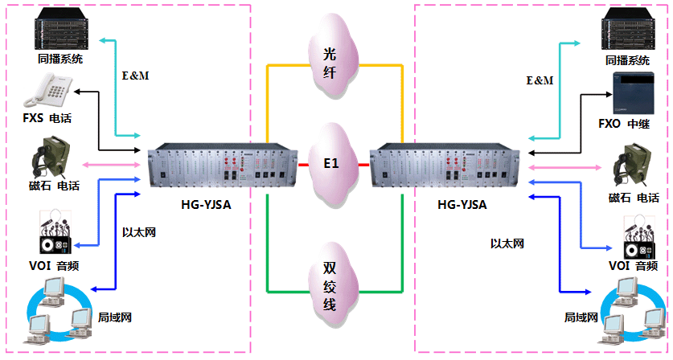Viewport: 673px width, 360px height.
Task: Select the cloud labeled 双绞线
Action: [330, 285]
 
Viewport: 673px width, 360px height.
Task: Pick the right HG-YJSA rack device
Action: [445, 167]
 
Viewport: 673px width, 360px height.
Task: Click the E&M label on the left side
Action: [134, 76]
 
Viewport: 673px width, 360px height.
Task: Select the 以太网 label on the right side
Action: [507, 242]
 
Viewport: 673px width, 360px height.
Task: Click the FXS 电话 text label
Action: [47, 119]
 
